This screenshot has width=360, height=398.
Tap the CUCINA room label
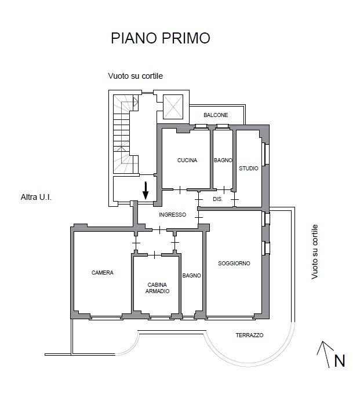[x=187, y=160]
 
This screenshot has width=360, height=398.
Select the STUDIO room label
[x=248, y=169]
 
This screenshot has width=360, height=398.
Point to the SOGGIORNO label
[x=234, y=264]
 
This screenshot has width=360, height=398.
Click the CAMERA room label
[x=103, y=272]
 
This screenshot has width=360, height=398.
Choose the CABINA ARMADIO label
[x=158, y=288]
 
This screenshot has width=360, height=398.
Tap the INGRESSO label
[x=173, y=214]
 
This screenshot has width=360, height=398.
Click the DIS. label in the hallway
[x=217, y=199]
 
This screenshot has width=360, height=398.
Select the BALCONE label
[x=216, y=115]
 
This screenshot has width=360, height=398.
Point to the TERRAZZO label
[x=249, y=335]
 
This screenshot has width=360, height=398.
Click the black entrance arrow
[x=146, y=189]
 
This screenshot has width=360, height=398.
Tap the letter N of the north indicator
[x=339, y=361]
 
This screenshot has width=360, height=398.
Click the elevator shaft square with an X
[x=173, y=107]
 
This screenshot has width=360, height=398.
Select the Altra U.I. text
[x=37, y=198]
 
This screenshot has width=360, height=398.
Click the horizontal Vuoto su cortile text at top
[x=135, y=76]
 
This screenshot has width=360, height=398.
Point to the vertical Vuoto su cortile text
[x=315, y=252]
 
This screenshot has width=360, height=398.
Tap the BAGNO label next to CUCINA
[x=223, y=160]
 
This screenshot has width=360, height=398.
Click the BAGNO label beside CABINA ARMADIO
[x=191, y=276]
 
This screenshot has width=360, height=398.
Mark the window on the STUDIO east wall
[x=265, y=154]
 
